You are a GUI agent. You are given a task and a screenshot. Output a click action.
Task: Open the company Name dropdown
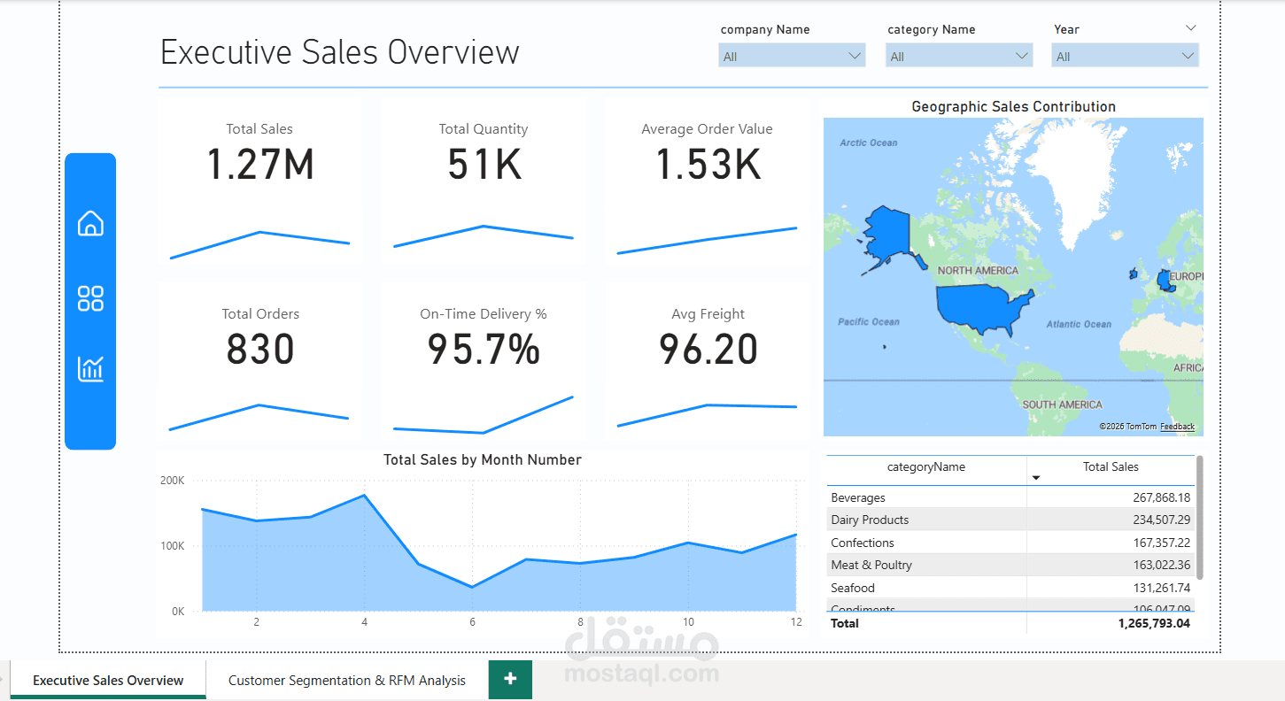pos(792,57)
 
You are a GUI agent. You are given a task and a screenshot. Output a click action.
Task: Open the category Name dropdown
pos(958,57)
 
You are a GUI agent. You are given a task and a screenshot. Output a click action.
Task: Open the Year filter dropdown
pos(1125,57)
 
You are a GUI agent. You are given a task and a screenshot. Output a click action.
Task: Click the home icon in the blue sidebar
pos(90,224)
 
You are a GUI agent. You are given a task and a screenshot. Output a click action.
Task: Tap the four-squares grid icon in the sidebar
pos(90,298)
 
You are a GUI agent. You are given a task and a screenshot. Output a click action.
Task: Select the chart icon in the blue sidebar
pos(90,368)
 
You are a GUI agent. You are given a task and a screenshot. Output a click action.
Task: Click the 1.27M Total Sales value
pos(260,166)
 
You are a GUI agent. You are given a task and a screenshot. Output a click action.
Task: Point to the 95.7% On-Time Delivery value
pos(484,350)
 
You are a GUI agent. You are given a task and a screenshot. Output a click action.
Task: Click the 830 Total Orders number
pos(260,350)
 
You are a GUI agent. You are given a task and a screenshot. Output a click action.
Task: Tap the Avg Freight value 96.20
pos(708,350)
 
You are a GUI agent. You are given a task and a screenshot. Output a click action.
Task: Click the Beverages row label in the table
pos(858,497)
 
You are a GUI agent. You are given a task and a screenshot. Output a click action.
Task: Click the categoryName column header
pos(926,467)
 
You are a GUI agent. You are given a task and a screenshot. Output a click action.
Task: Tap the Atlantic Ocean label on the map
pos(1078,325)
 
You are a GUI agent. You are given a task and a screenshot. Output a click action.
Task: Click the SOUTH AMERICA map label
pos(1062,404)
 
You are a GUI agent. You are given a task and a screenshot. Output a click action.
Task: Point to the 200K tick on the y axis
pos(172,481)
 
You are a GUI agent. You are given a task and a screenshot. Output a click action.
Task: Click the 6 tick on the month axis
pos(472,622)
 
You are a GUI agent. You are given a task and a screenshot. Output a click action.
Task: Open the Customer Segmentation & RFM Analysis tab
pos(347,681)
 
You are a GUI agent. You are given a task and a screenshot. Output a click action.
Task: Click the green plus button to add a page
pos(510,679)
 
